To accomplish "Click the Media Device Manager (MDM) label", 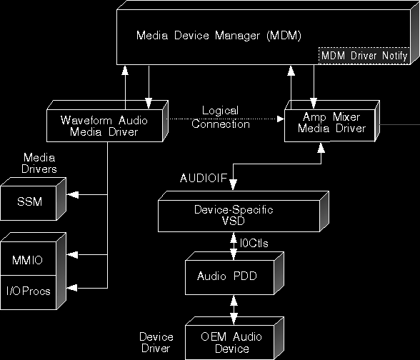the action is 219,36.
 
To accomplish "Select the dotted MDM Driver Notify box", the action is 364,56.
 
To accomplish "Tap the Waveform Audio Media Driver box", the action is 107,121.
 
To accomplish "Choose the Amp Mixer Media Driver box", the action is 332,121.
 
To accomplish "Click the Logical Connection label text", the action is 221,117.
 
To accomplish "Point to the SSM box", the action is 33,199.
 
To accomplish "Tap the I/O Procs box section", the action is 29,292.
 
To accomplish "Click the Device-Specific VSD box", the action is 244,211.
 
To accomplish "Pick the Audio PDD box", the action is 234,273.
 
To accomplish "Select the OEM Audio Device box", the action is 234,338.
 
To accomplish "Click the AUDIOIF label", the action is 204,178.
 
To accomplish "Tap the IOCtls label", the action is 254,243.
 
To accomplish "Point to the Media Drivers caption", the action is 39,163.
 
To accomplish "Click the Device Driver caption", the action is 156,343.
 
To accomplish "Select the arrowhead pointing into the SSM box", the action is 72,195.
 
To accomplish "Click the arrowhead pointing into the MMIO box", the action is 72,255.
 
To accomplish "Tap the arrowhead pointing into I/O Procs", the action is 72,288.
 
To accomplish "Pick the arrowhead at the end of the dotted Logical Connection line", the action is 281,119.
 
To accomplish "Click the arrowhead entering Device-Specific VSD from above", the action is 233,184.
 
